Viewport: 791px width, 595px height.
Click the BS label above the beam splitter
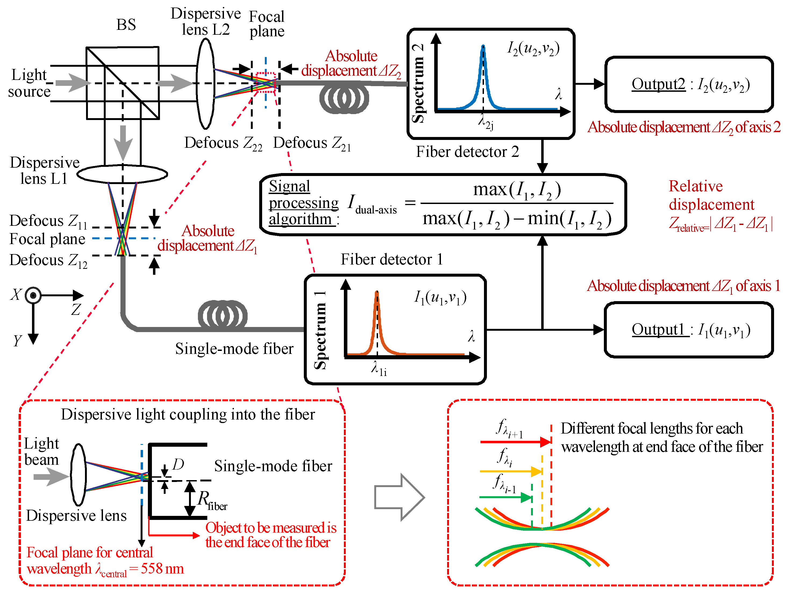click(x=126, y=25)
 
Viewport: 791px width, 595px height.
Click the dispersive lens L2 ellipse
click(x=205, y=84)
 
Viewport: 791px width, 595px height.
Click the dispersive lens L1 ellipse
click(x=122, y=174)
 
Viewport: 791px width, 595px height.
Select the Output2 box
click(x=689, y=85)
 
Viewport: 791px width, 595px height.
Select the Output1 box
click(x=689, y=330)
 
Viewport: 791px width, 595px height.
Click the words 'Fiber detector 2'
click(x=467, y=152)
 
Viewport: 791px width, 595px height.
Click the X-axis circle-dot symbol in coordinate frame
click(x=33, y=295)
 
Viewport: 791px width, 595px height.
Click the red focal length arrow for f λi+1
click(x=515, y=442)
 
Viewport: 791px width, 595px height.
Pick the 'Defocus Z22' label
click(x=223, y=143)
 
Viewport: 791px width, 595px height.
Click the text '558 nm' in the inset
click(x=162, y=569)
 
